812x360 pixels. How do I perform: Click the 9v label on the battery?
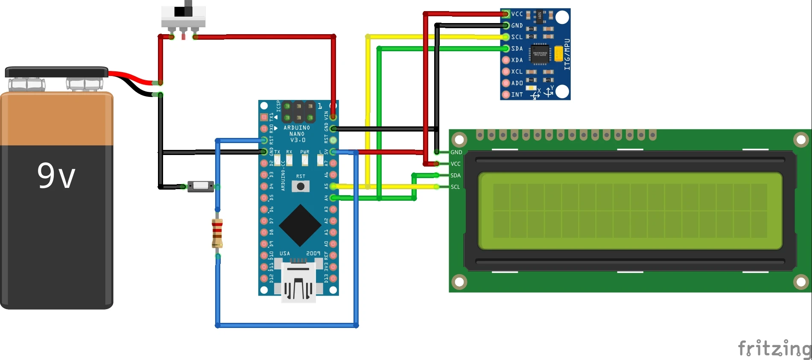point(56,175)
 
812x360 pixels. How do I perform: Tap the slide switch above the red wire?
point(183,17)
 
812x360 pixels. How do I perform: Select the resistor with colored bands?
point(217,233)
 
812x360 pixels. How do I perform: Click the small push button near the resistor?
point(201,186)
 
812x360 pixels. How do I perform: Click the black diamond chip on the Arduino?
point(300,225)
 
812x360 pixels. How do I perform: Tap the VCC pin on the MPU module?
point(506,14)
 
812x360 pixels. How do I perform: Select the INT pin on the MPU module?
point(506,94)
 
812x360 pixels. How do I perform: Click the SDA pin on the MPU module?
point(506,48)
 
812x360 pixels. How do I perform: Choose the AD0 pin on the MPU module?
point(506,83)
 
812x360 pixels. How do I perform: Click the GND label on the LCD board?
point(456,152)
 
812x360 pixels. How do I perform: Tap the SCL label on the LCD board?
point(456,187)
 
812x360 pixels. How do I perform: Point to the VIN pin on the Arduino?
point(333,117)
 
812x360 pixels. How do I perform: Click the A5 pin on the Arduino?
point(333,186)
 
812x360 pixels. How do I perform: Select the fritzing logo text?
point(774,348)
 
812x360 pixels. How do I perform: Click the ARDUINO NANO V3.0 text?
point(297,134)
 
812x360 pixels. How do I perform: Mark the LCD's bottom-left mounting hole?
point(459,282)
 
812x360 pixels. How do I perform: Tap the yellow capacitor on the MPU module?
point(558,54)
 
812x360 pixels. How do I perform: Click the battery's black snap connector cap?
point(56,72)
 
